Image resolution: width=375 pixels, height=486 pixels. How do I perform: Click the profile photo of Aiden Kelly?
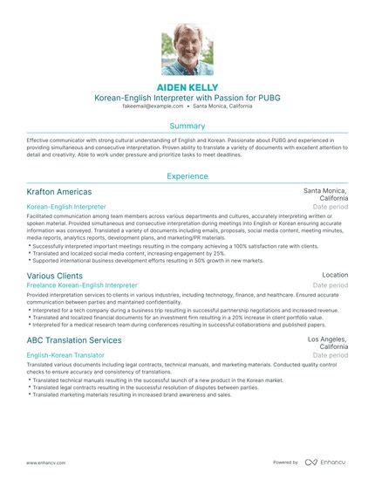coord(187,51)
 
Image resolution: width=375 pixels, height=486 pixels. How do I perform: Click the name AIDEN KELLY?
coord(187,88)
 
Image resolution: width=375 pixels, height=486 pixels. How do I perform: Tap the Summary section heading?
coord(187,127)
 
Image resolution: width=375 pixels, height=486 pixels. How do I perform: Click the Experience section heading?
coord(187,176)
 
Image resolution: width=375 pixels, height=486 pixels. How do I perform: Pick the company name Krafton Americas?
coord(59,191)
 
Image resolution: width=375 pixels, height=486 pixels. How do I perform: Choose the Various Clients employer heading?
coord(56,275)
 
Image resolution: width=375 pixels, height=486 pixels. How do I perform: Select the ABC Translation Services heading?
coord(74,339)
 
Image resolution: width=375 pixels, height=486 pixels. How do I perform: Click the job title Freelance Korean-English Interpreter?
coord(82,285)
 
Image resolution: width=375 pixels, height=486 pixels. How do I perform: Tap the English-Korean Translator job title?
coord(65,356)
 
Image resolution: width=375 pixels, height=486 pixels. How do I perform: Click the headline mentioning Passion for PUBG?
coord(187,99)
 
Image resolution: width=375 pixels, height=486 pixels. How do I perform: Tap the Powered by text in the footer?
coord(285,462)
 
